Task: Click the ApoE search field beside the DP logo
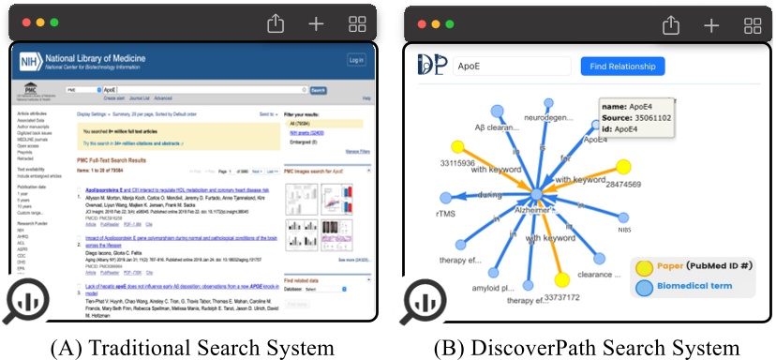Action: coord(511,67)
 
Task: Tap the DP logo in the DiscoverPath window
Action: coord(431,65)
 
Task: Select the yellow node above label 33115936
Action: coord(458,146)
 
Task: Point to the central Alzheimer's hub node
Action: coord(536,194)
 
